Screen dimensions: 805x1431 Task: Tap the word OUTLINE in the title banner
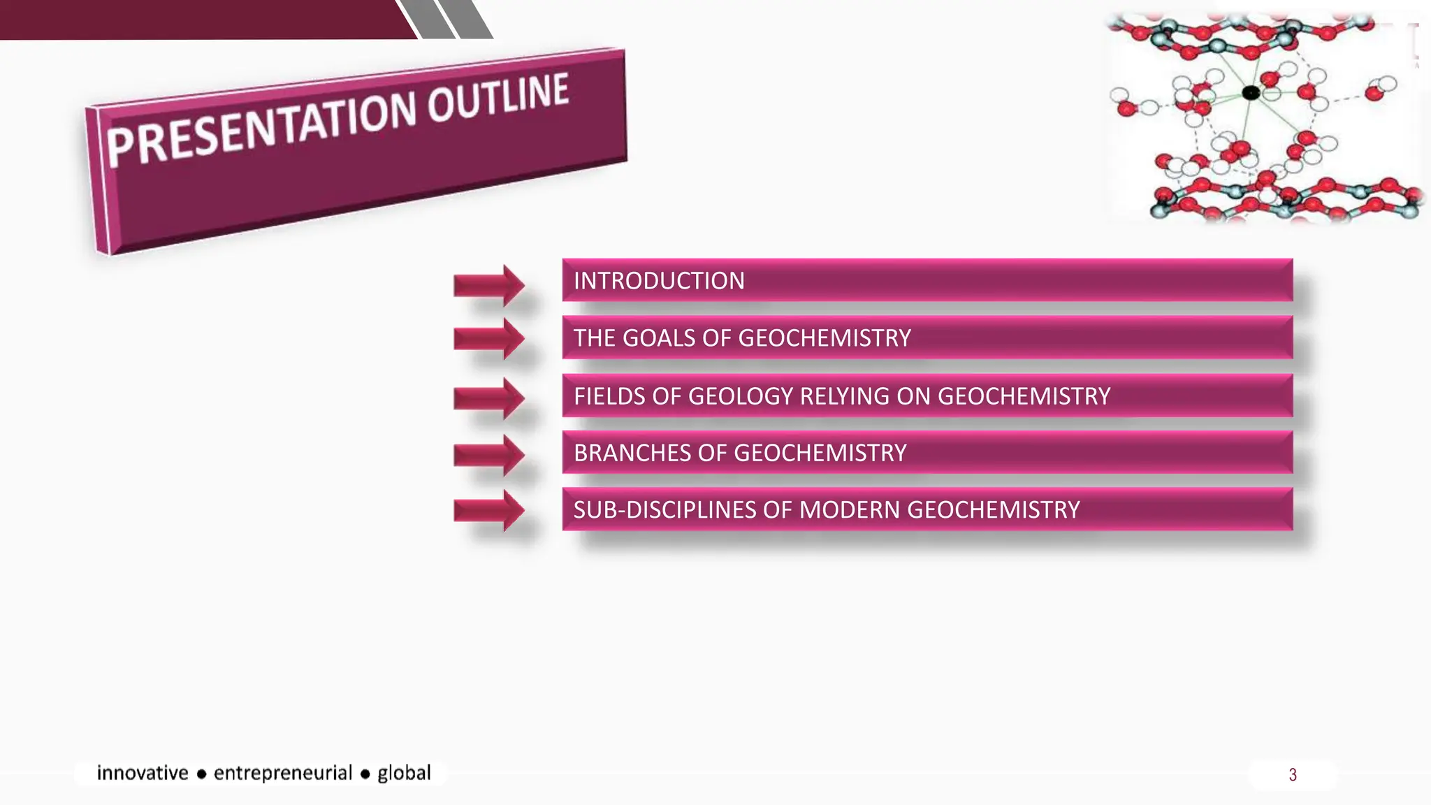tap(498, 98)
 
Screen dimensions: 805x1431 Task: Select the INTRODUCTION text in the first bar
tap(659, 281)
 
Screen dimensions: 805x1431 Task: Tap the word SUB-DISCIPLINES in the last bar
tap(664, 510)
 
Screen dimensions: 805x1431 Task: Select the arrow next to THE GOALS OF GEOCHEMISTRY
tap(489, 339)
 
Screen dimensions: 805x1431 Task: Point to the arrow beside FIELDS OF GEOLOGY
tap(489, 398)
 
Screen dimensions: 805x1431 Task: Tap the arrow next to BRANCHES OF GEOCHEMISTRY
tap(489, 456)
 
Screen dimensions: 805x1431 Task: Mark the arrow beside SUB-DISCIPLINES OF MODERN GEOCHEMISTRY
tap(489, 511)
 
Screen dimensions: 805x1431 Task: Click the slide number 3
tap(1293, 775)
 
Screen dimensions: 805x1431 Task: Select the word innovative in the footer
tap(143, 773)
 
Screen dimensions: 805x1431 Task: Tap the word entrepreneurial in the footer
tap(282, 773)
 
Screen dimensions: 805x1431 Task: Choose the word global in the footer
tap(404, 773)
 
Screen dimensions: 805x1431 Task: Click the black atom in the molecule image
tap(1251, 92)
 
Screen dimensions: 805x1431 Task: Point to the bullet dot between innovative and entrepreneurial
tap(201, 774)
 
